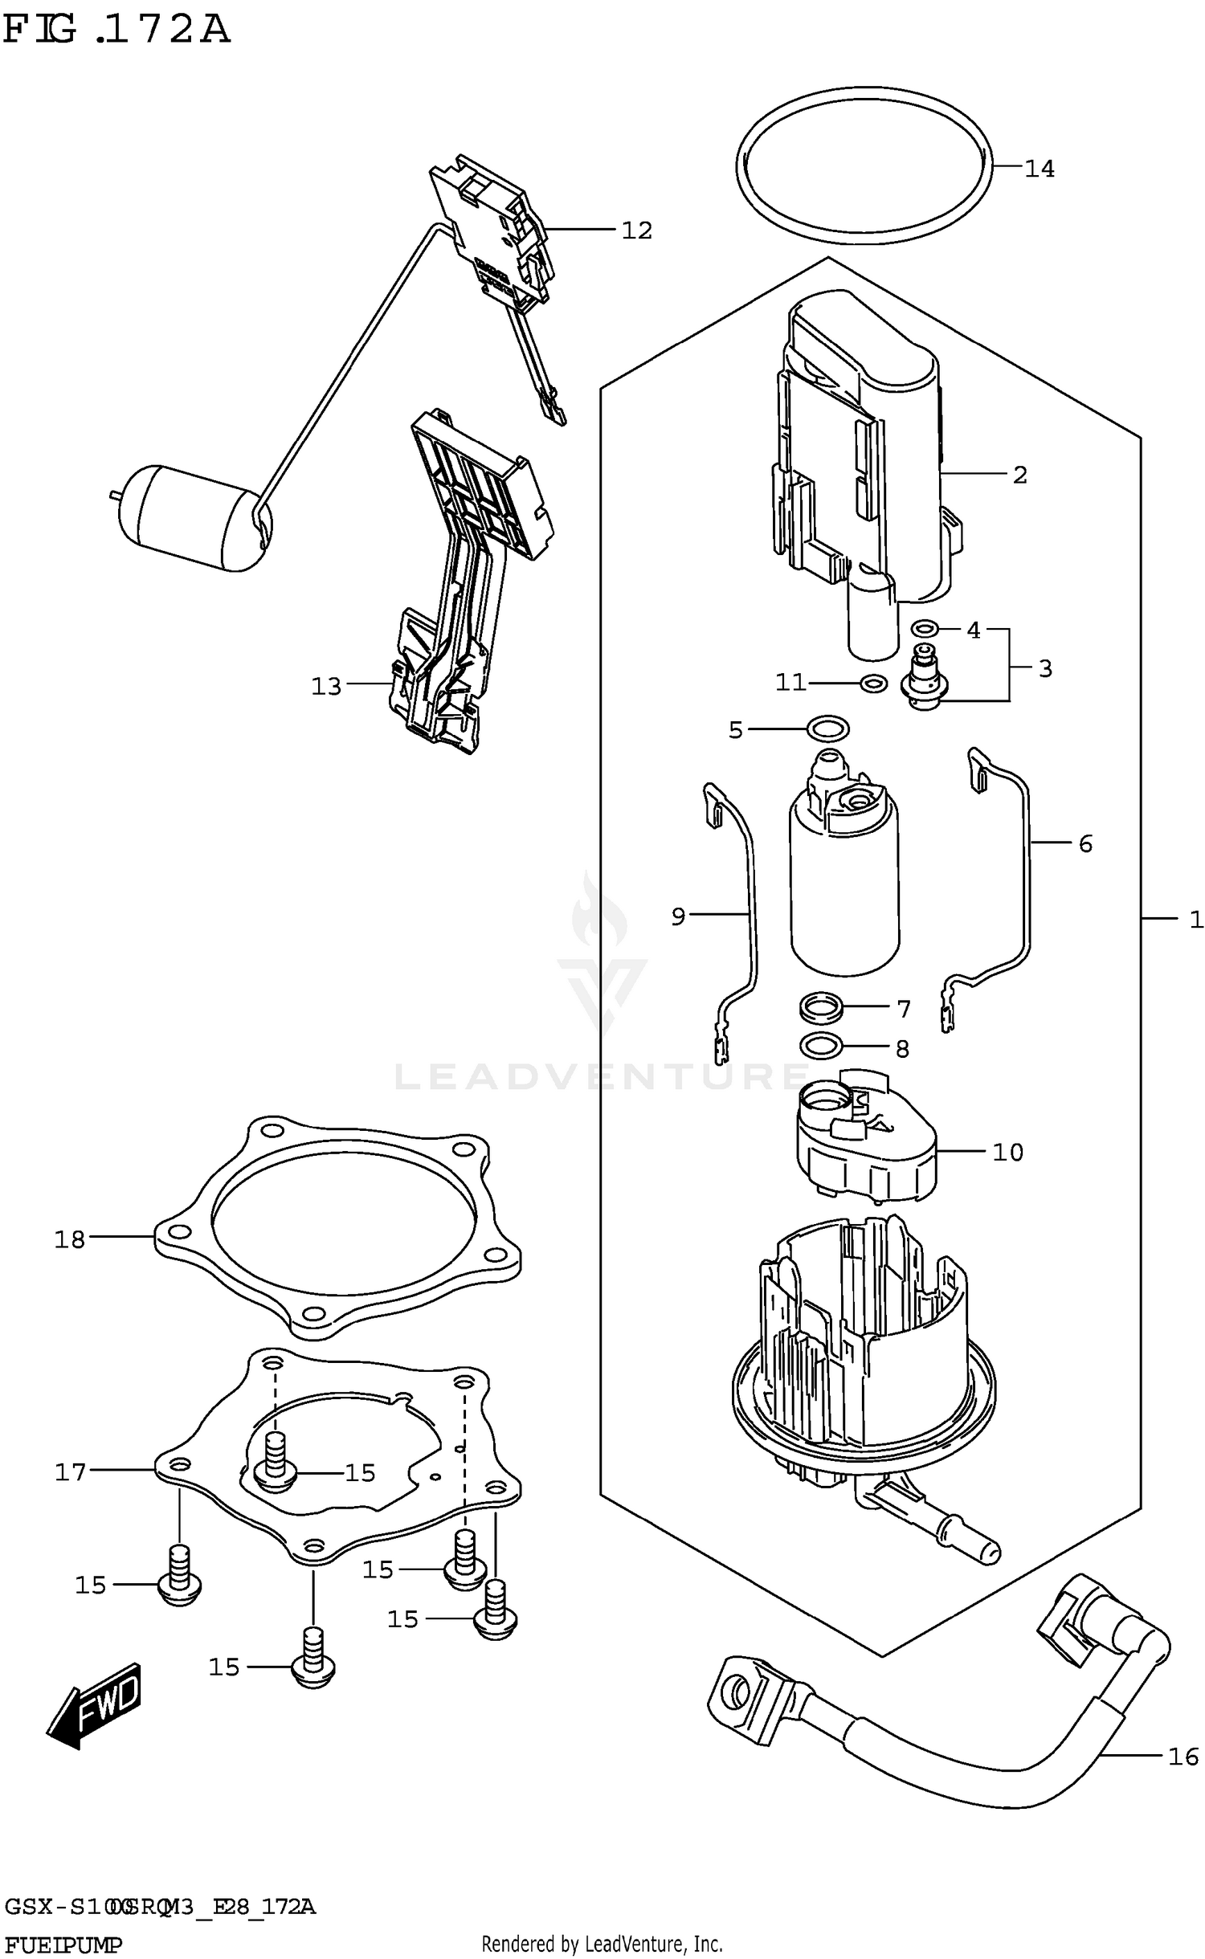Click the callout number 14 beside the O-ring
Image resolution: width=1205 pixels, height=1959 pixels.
[x=1039, y=169]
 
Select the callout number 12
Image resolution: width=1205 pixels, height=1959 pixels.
[x=636, y=231]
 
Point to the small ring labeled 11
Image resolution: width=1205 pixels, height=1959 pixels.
[x=873, y=684]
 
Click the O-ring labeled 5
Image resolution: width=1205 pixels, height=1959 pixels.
[x=827, y=729]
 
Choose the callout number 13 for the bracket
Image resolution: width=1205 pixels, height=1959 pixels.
[x=326, y=686]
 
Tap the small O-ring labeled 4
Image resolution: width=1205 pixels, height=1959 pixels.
[x=925, y=627]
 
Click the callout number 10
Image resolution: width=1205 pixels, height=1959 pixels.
[x=1007, y=1153]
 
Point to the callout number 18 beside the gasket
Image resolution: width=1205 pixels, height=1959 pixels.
[x=69, y=1239]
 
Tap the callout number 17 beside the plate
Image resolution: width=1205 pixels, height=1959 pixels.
[x=70, y=1472]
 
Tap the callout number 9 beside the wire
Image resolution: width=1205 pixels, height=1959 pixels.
[x=678, y=916]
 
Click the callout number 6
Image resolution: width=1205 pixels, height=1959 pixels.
[x=1085, y=843]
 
